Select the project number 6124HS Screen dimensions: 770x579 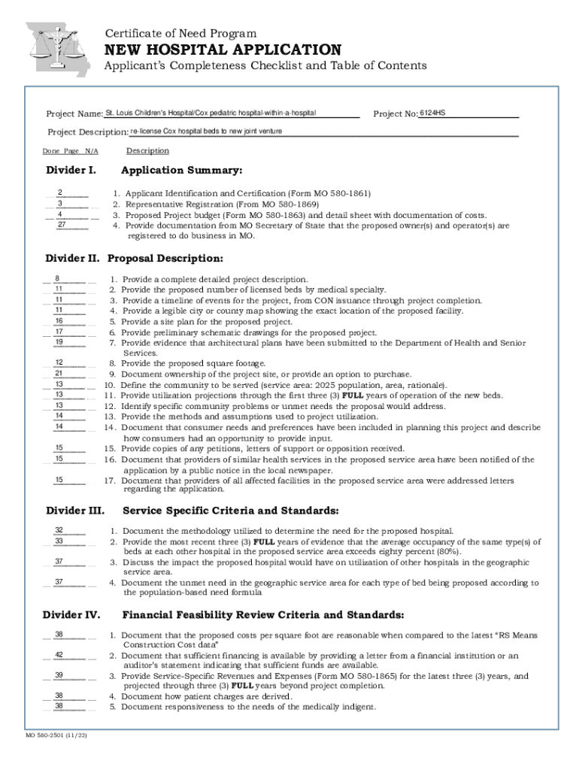point(432,113)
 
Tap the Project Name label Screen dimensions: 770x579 point(74,114)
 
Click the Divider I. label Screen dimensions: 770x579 point(70,170)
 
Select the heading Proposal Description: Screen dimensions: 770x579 point(165,259)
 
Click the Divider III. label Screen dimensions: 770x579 point(74,511)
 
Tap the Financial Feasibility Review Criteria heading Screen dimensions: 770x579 point(263,614)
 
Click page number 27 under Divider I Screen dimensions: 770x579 point(62,225)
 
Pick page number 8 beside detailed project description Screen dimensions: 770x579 point(58,278)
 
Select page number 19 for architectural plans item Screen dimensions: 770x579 point(59,342)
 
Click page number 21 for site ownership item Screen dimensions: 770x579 point(59,374)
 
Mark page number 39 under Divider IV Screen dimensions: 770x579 point(59,675)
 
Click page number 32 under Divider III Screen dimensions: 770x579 point(59,530)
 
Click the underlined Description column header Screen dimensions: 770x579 point(147,150)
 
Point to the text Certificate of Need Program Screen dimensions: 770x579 point(180,33)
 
